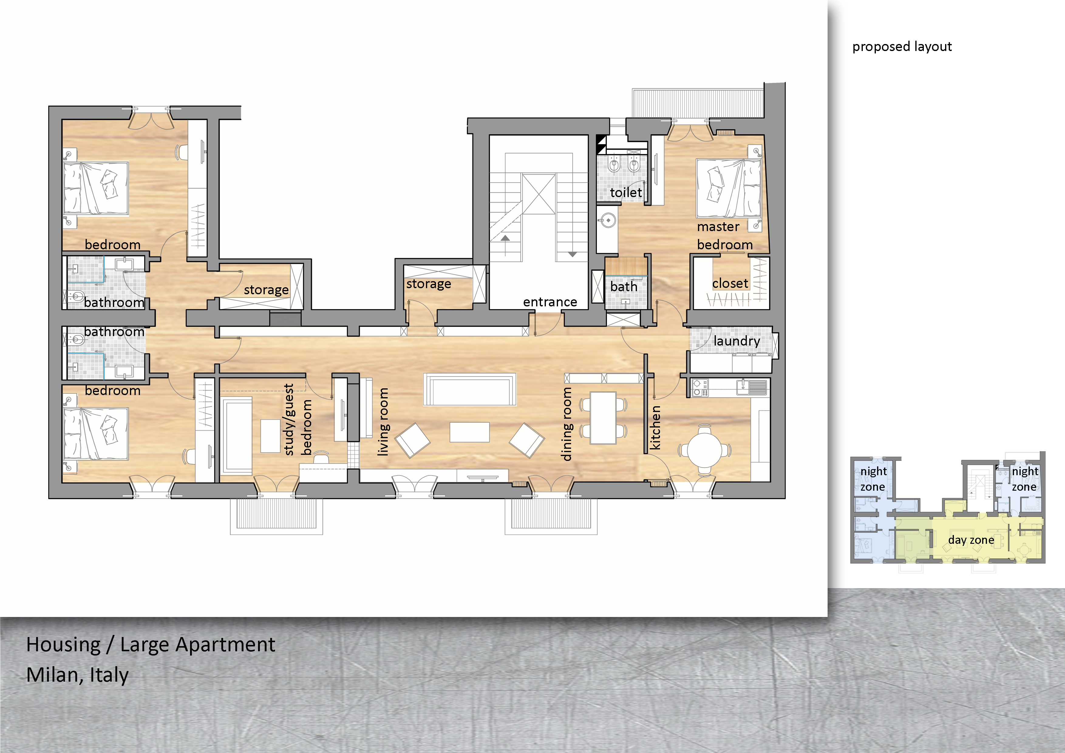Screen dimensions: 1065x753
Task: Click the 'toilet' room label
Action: [626, 192]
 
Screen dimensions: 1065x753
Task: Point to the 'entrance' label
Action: [550, 302]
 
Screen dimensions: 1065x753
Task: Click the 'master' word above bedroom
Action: [718, 227]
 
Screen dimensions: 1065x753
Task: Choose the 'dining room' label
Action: [567, 424]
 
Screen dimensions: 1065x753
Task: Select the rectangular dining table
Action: [603, 418]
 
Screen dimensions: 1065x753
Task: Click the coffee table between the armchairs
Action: [469, 432]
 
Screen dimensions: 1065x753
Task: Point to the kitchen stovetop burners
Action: [699, 388]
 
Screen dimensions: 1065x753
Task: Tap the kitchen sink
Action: [751, 387]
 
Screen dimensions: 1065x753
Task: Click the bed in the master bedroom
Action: [729, 188]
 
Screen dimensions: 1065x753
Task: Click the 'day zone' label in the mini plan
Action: [971, 540]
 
